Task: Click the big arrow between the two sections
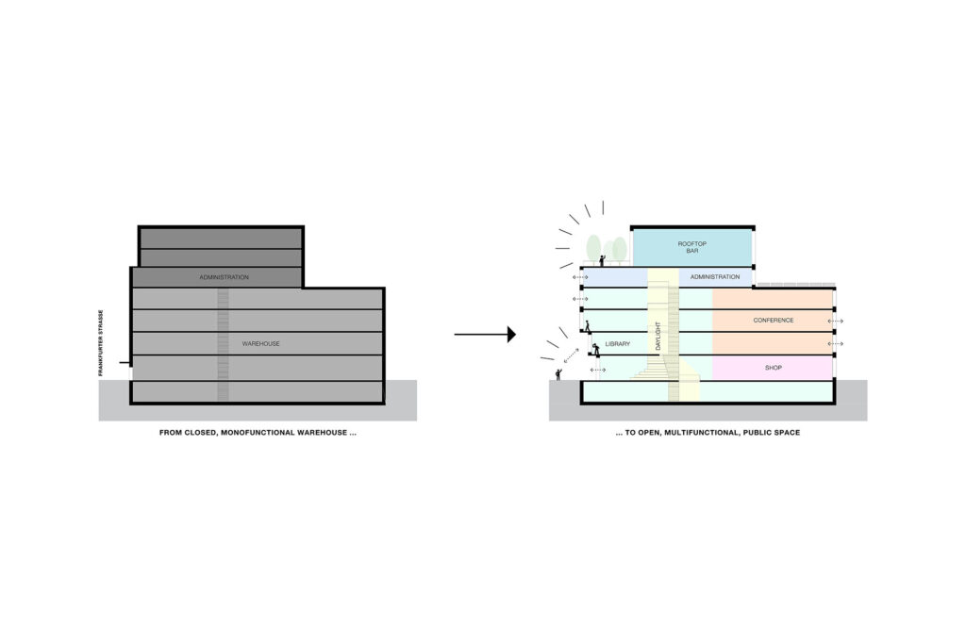point(485,334)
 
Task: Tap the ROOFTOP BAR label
point(691,247)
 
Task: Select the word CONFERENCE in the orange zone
point(773,321)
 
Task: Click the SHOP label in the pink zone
point(773,367)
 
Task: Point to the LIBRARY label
point(617,344)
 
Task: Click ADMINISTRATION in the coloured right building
point(714,277)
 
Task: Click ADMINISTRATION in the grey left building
point(224,277)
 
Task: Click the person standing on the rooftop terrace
point(602,258)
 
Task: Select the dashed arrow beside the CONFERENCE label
point(837,322)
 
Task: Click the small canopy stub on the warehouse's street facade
point(125,363)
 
